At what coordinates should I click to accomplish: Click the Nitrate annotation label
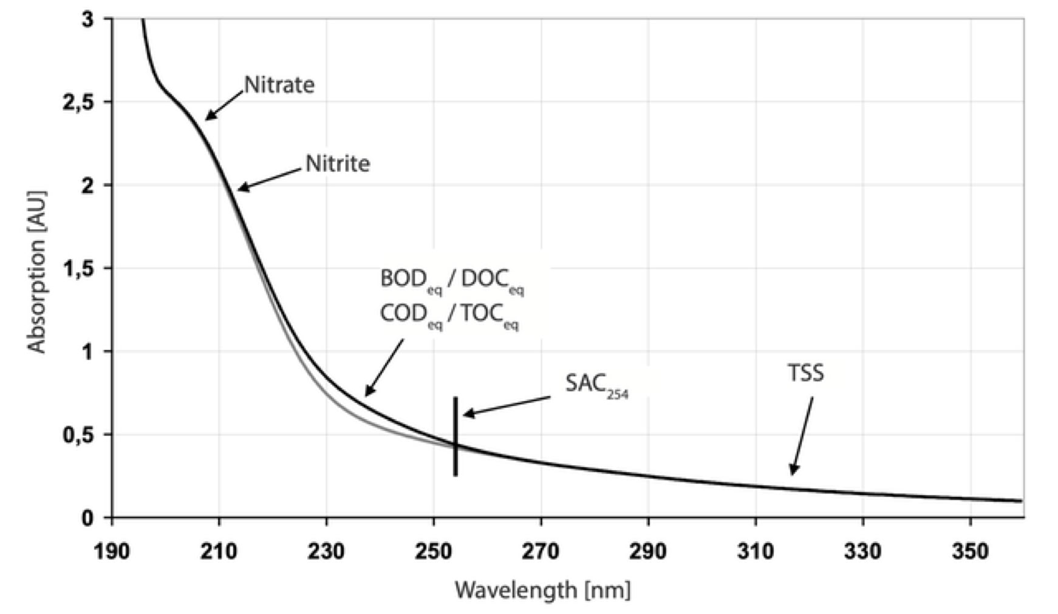coord(279,85)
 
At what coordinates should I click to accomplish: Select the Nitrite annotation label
coord(338,164)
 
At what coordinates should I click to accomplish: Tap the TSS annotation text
coord(806,373)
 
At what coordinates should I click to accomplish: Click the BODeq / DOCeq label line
coord(452,280)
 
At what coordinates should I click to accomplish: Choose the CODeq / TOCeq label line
coord(449,315)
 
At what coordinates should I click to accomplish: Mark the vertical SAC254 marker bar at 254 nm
coord(456,436)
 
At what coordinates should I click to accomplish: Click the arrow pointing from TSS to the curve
coord(802,436)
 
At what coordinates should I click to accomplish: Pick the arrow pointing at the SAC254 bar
coord(507,407)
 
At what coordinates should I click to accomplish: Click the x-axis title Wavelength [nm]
coord(543,590)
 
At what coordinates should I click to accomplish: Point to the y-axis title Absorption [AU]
coord(37,272)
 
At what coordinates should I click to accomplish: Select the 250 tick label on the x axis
coord(434,552)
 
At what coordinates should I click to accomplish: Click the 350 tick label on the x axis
coord(970,552)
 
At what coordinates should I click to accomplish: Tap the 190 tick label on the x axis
coord(112,552)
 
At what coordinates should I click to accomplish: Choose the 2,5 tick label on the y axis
coord(78,102)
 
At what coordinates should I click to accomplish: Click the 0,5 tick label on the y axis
coord(78,435)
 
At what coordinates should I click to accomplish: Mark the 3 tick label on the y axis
coord(87,19)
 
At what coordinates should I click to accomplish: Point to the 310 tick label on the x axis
coord(756,552)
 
